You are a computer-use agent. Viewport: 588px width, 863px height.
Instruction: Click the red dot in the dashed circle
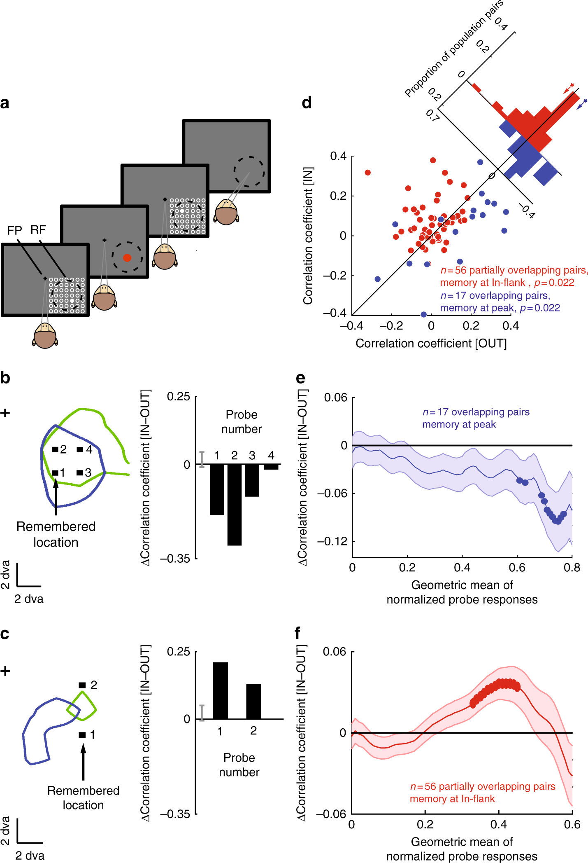tap(127, 258)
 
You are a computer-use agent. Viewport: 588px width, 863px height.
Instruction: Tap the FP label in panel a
tap(14, 230)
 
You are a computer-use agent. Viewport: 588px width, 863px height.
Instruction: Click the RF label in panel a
tap(38, 230)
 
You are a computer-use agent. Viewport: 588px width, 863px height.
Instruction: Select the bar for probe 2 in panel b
tap(235, 504)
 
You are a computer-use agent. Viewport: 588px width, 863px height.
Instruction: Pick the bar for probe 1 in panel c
tap(220, 690)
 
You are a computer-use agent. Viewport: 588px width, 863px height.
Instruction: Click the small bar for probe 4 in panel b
tap(271, 467)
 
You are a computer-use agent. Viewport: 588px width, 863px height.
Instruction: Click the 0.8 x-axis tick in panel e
tap(572, 568)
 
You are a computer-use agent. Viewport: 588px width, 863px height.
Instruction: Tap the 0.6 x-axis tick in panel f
tap(572, 824)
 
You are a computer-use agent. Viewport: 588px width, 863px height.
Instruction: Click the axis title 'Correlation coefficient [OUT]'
tap(431, 344)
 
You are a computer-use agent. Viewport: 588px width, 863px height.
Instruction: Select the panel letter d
tap(307, 103)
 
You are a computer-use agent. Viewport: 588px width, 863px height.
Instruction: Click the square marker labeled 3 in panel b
tap(80, 472)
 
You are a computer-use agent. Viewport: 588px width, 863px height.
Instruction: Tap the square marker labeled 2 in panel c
tap(82, 685)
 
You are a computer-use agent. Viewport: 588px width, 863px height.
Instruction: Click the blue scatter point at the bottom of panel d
tap(423, 315)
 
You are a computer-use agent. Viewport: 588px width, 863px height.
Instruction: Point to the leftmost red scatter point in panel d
tap(367, 173)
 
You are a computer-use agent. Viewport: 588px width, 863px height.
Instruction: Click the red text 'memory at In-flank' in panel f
tap(452, 799)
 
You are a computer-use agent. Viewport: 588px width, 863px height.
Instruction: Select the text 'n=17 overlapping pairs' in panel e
tap(476, 412)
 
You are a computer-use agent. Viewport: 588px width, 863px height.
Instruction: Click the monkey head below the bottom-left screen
tap(45, 336)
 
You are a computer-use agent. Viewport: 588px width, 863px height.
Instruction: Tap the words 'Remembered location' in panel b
tap(56, 534)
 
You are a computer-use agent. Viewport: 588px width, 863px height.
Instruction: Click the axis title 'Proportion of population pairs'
tap(453, 49)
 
